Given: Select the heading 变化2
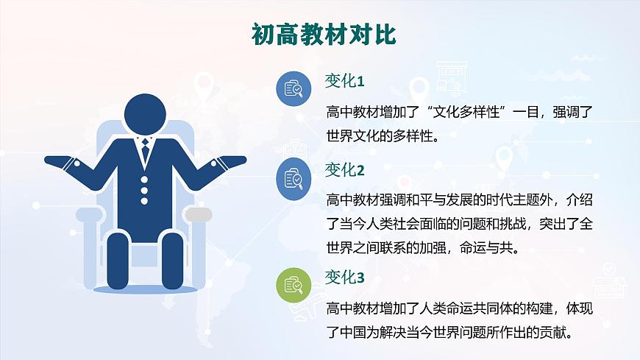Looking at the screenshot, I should (x=344, y=170).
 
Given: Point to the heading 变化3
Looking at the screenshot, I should (x=344, y=277).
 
